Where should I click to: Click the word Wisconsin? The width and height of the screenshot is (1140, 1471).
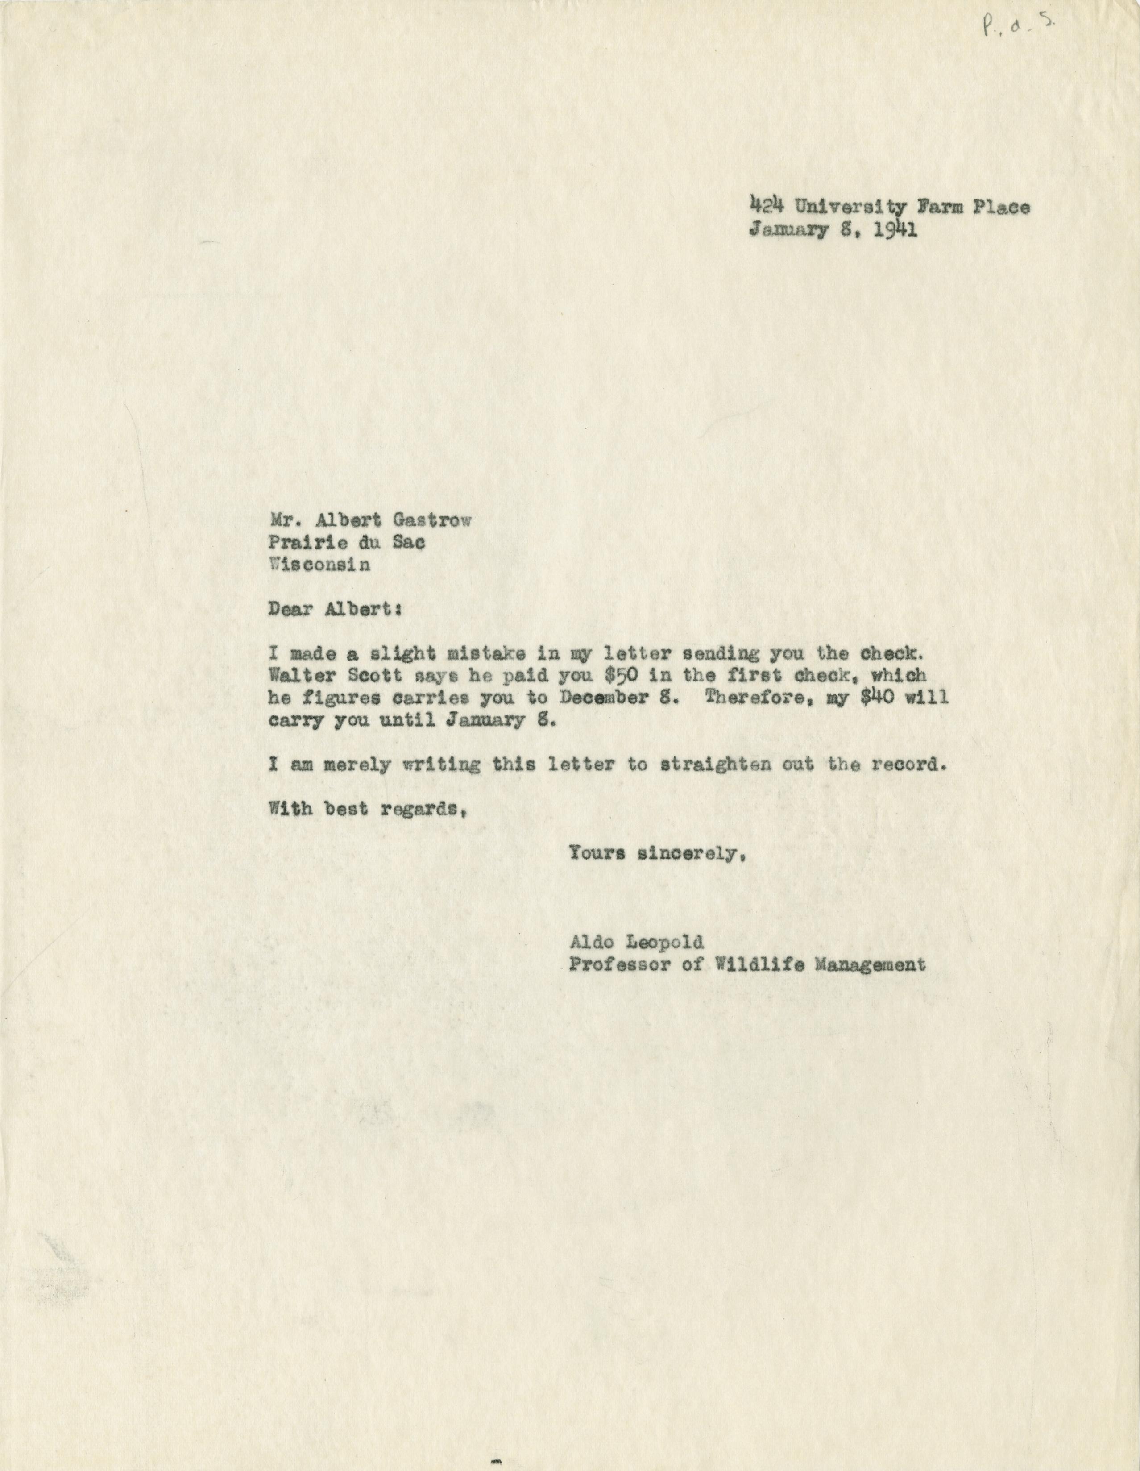tap(319, 565)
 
